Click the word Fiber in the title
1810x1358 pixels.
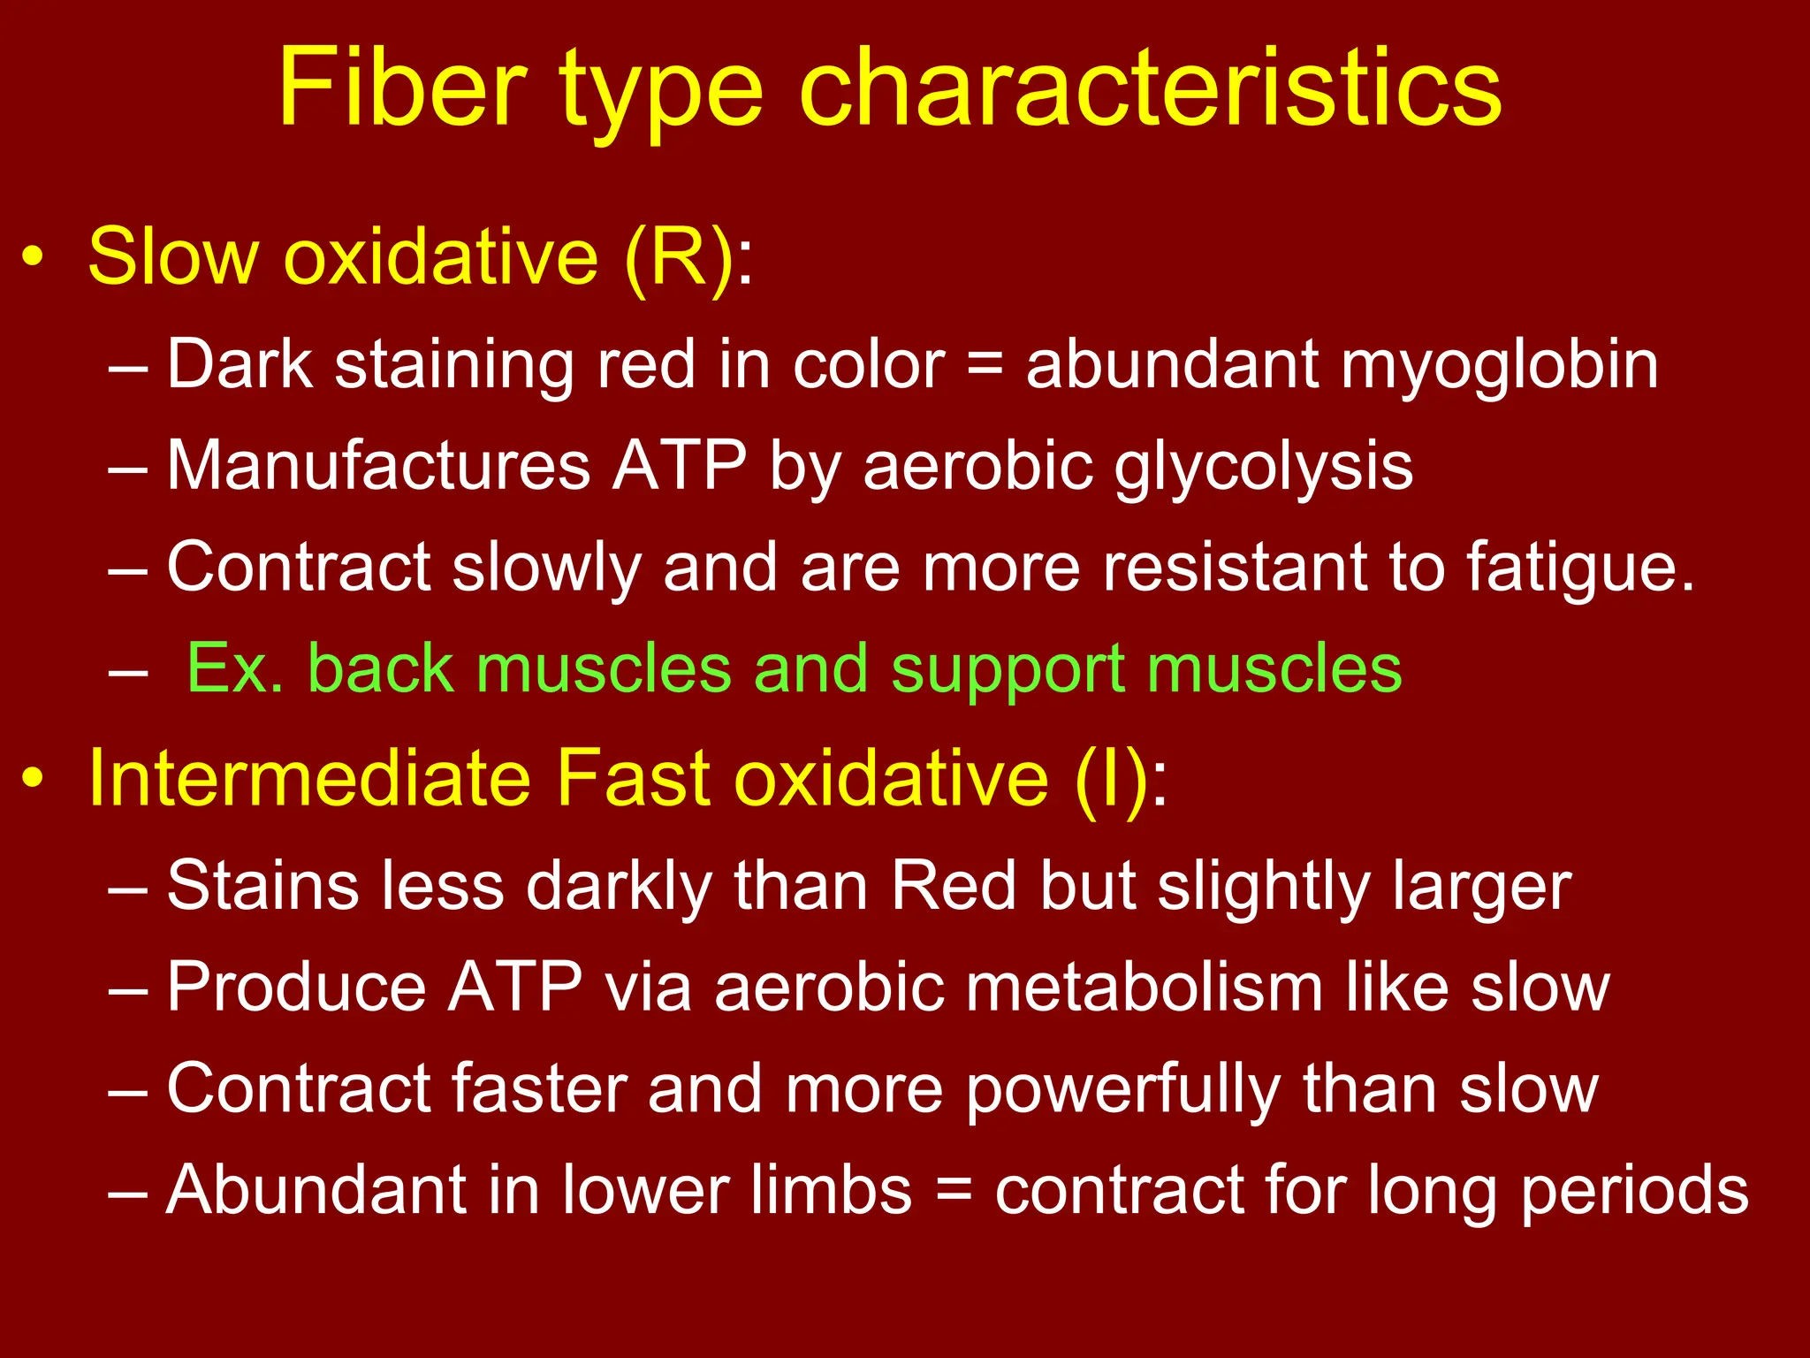pyautogui.click(x=402, y=88)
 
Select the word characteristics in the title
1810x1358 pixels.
pyautogui.click(x=1150, y=88)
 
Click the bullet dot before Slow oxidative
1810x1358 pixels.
pyautogui.click(x=33, y=257)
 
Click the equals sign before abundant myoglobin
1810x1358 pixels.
pyautogui.click(x=985, y=365)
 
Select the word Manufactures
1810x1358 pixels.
pyautogui.click(x=378, y=466)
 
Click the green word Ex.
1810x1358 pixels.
pyautogui.click(x=234, y=668)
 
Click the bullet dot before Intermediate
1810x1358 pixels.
pyautogui.click(x=33, y=779)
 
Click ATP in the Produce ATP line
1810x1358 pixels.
pyautogui.click(x=515, y=987)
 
